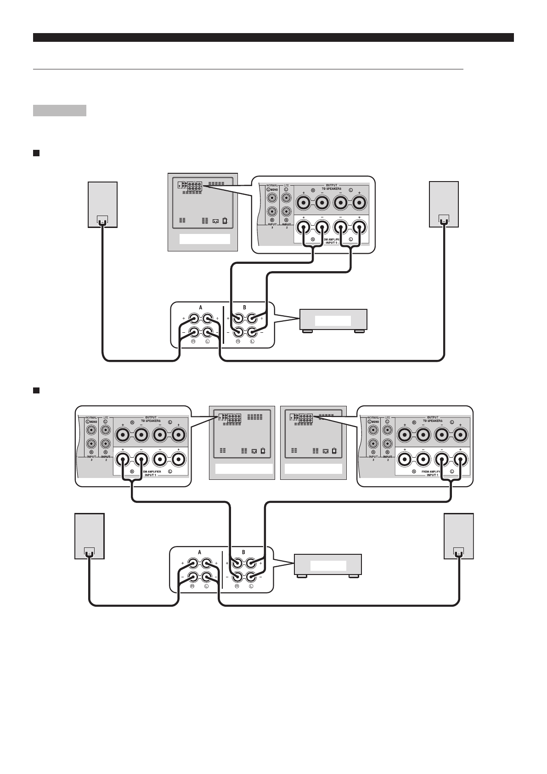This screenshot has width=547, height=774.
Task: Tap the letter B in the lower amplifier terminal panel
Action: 243,552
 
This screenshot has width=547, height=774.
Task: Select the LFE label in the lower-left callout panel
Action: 106,417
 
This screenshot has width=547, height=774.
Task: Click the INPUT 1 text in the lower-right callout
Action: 432,475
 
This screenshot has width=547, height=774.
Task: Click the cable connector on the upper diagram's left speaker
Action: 102,220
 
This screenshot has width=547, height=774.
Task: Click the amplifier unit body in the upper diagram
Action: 333,320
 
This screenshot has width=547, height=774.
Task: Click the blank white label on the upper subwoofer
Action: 204,239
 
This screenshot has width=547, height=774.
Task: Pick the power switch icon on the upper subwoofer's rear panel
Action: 225,221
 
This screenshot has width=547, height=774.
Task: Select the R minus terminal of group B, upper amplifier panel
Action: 238,332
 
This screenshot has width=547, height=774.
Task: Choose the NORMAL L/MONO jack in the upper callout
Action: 273,199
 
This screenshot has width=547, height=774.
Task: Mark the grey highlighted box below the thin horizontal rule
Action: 60,110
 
